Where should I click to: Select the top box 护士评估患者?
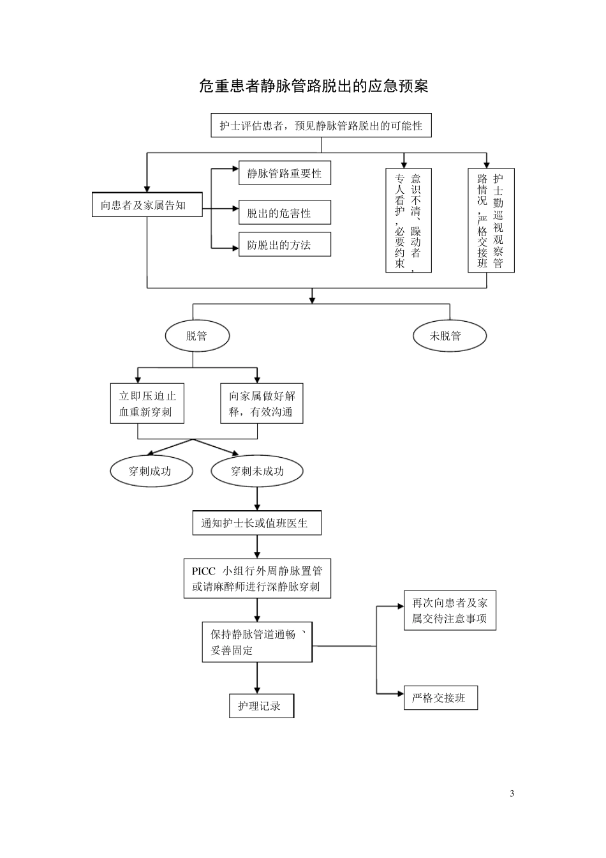pos(321,126)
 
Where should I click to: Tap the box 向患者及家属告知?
pos(147,205)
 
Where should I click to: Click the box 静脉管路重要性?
pos(285,173)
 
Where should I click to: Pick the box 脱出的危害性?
pos(285,213)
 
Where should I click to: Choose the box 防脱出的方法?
pos(285,245)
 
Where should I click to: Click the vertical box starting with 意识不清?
pos(408,220)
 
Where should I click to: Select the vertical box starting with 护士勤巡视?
pos(491,220)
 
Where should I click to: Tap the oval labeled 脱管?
pos(197,336)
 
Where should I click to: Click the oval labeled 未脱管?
pos(449,336)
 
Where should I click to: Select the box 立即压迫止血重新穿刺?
pos(147,403)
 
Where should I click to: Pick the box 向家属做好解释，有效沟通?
pos(262,403)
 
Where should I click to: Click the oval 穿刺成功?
pos(150,472)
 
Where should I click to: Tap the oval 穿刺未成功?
pos(257,472)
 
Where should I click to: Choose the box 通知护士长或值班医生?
pos(256,523)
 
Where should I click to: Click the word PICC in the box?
pos(204,571)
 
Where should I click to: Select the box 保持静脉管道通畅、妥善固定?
pos(257,642)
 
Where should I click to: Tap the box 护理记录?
pos(262,705)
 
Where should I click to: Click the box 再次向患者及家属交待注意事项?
pos(450,610)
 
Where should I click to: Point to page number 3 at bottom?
pos(512,794)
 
